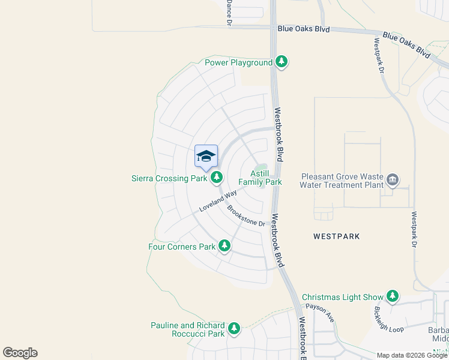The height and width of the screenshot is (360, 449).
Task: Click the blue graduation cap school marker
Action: tap(206, 157)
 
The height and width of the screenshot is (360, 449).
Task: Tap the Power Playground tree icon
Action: tap(282, 62)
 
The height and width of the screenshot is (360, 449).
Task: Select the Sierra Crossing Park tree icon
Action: tap(216, 177)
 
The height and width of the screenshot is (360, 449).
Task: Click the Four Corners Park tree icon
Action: tap(224, 245)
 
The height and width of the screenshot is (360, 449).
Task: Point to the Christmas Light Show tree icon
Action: tap(393, 296)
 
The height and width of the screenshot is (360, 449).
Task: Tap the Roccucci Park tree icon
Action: tap(234, 329)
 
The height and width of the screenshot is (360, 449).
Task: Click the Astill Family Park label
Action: tap(260, 177)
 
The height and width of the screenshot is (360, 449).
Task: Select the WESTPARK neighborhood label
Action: tap(337, 236)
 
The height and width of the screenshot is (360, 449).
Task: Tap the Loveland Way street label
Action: tap(218, 200)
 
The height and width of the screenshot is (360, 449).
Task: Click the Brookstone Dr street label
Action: tap(246, 215)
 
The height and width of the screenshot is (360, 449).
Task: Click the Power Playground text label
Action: tap(238, 62)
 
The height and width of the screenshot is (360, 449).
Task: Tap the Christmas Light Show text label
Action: tap(342, 297)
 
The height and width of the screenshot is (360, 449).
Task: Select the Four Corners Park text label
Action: tap(182, 246)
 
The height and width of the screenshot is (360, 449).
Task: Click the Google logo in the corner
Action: tap(20, 353)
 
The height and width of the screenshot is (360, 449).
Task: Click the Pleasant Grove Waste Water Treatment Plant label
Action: tap(342, 181)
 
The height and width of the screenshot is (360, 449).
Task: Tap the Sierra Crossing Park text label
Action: tap(169, 178)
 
